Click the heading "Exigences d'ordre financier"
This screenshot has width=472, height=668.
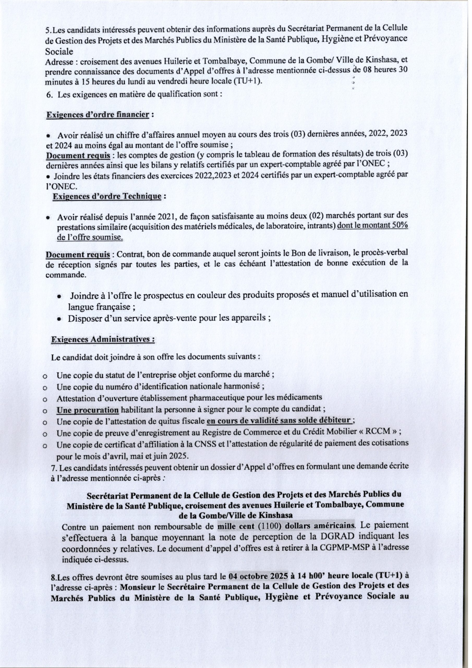click(x=98, y=115)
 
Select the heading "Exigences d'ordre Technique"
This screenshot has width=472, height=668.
click(x=106, y=196)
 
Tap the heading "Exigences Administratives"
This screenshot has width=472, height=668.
click(x=103, y=339)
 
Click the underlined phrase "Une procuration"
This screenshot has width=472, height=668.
click(x=88, y=410)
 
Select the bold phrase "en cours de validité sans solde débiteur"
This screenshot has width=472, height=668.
click(x=279, y=421)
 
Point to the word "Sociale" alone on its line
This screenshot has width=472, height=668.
click(x=59, y=51)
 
